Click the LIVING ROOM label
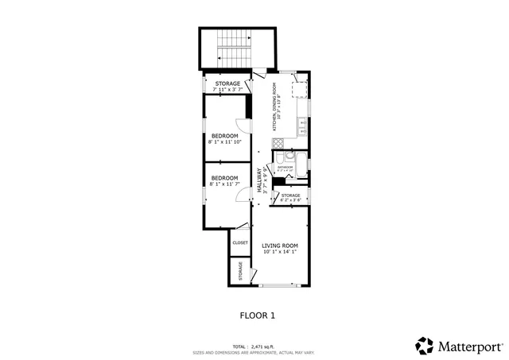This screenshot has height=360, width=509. [x=280, y=246]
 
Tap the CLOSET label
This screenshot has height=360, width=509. [x=240, y=242]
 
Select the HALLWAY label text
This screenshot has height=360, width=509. [x=259, y=179]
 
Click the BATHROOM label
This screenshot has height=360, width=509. [x=286, y=168]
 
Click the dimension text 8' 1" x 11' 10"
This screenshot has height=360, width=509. [x=224, y=143]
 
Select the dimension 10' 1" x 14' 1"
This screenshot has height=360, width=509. [x=280, y=253]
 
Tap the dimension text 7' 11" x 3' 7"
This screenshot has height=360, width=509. [x=227, y=89]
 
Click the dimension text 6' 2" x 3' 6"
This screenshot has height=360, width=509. [x=290, y=200]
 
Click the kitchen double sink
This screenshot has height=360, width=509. [x=303, y=124]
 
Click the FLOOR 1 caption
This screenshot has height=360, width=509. [x=257, y=315]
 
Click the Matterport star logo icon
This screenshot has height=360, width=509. [x=425, y=346]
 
